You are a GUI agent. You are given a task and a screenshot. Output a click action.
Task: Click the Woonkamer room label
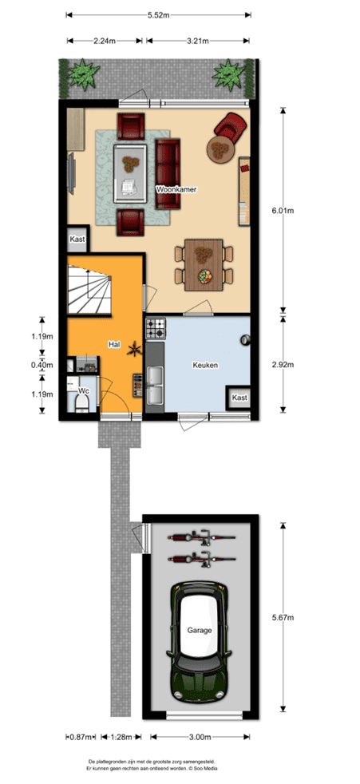tap(176, 190)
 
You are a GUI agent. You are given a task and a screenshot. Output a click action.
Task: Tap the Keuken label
tap(205, 365)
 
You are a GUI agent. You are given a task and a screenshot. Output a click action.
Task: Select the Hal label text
tap(114, 344)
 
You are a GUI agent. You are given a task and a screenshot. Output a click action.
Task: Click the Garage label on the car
tap(200, 631)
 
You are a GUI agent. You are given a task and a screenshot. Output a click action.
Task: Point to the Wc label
tap(84, 391)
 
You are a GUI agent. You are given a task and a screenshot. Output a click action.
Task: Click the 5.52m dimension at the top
tap(158, 14)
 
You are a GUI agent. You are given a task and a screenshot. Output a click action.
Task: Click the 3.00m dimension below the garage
tap(200, 737)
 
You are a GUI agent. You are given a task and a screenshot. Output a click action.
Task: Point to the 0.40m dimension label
tap(42, 365)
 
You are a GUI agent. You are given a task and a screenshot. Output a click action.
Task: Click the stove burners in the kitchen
tap(155, 327)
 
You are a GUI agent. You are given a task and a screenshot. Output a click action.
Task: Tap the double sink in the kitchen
tap(155, 383)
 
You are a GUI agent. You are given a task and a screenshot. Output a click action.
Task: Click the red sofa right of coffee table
tap(168, 174)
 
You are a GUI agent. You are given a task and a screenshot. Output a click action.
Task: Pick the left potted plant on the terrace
tap(84, 75)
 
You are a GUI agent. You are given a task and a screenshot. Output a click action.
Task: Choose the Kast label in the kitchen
tap(239, 398)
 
